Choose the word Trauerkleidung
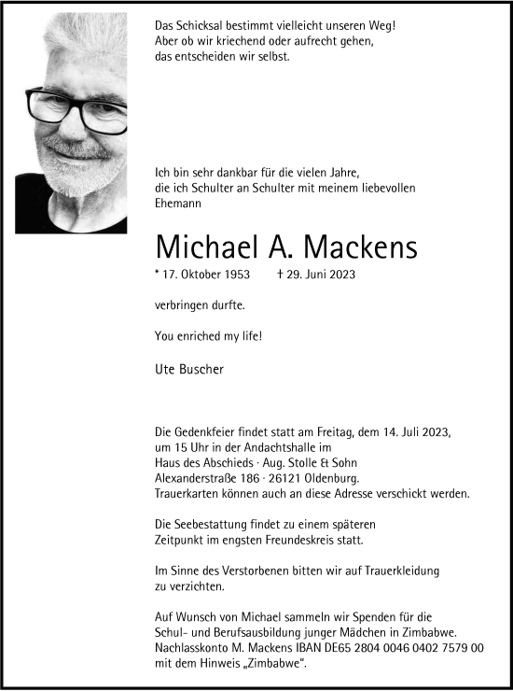click(x=399, y=571)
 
